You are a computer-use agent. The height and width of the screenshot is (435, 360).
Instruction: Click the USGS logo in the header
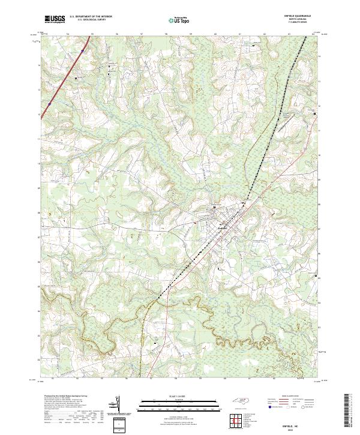tap(55, 19)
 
